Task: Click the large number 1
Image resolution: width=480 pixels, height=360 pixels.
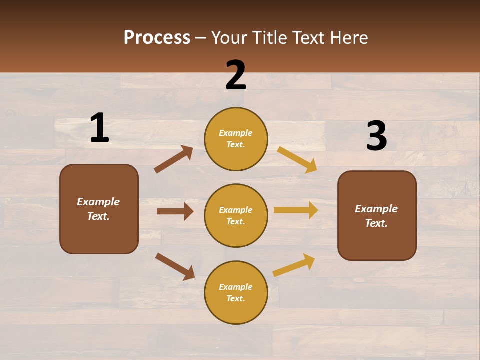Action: click(x=99, y=128)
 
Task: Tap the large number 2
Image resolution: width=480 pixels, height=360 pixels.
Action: click(x=236, y=75)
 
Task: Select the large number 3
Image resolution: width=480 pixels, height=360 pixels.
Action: click(x=376, y=136)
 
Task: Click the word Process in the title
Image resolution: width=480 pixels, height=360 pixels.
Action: click(x=157, y=37)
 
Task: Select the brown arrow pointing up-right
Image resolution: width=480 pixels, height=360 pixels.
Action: click(x=174, y=159)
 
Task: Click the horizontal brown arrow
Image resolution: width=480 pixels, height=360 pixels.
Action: click(x=175, y=211)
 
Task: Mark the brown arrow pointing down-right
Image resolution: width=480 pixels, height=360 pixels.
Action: click(x=175, y=266)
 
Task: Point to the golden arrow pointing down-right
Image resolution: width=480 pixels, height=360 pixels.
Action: click(x=297, y=159)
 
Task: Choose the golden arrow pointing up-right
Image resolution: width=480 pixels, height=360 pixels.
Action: click(x=294, y=265)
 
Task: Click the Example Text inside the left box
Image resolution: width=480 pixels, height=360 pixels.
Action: click(x=98, y=209)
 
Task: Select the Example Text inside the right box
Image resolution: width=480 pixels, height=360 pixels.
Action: click(x=376, y=216)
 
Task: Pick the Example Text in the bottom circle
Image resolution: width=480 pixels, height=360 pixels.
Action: click(x=235, y=292)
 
